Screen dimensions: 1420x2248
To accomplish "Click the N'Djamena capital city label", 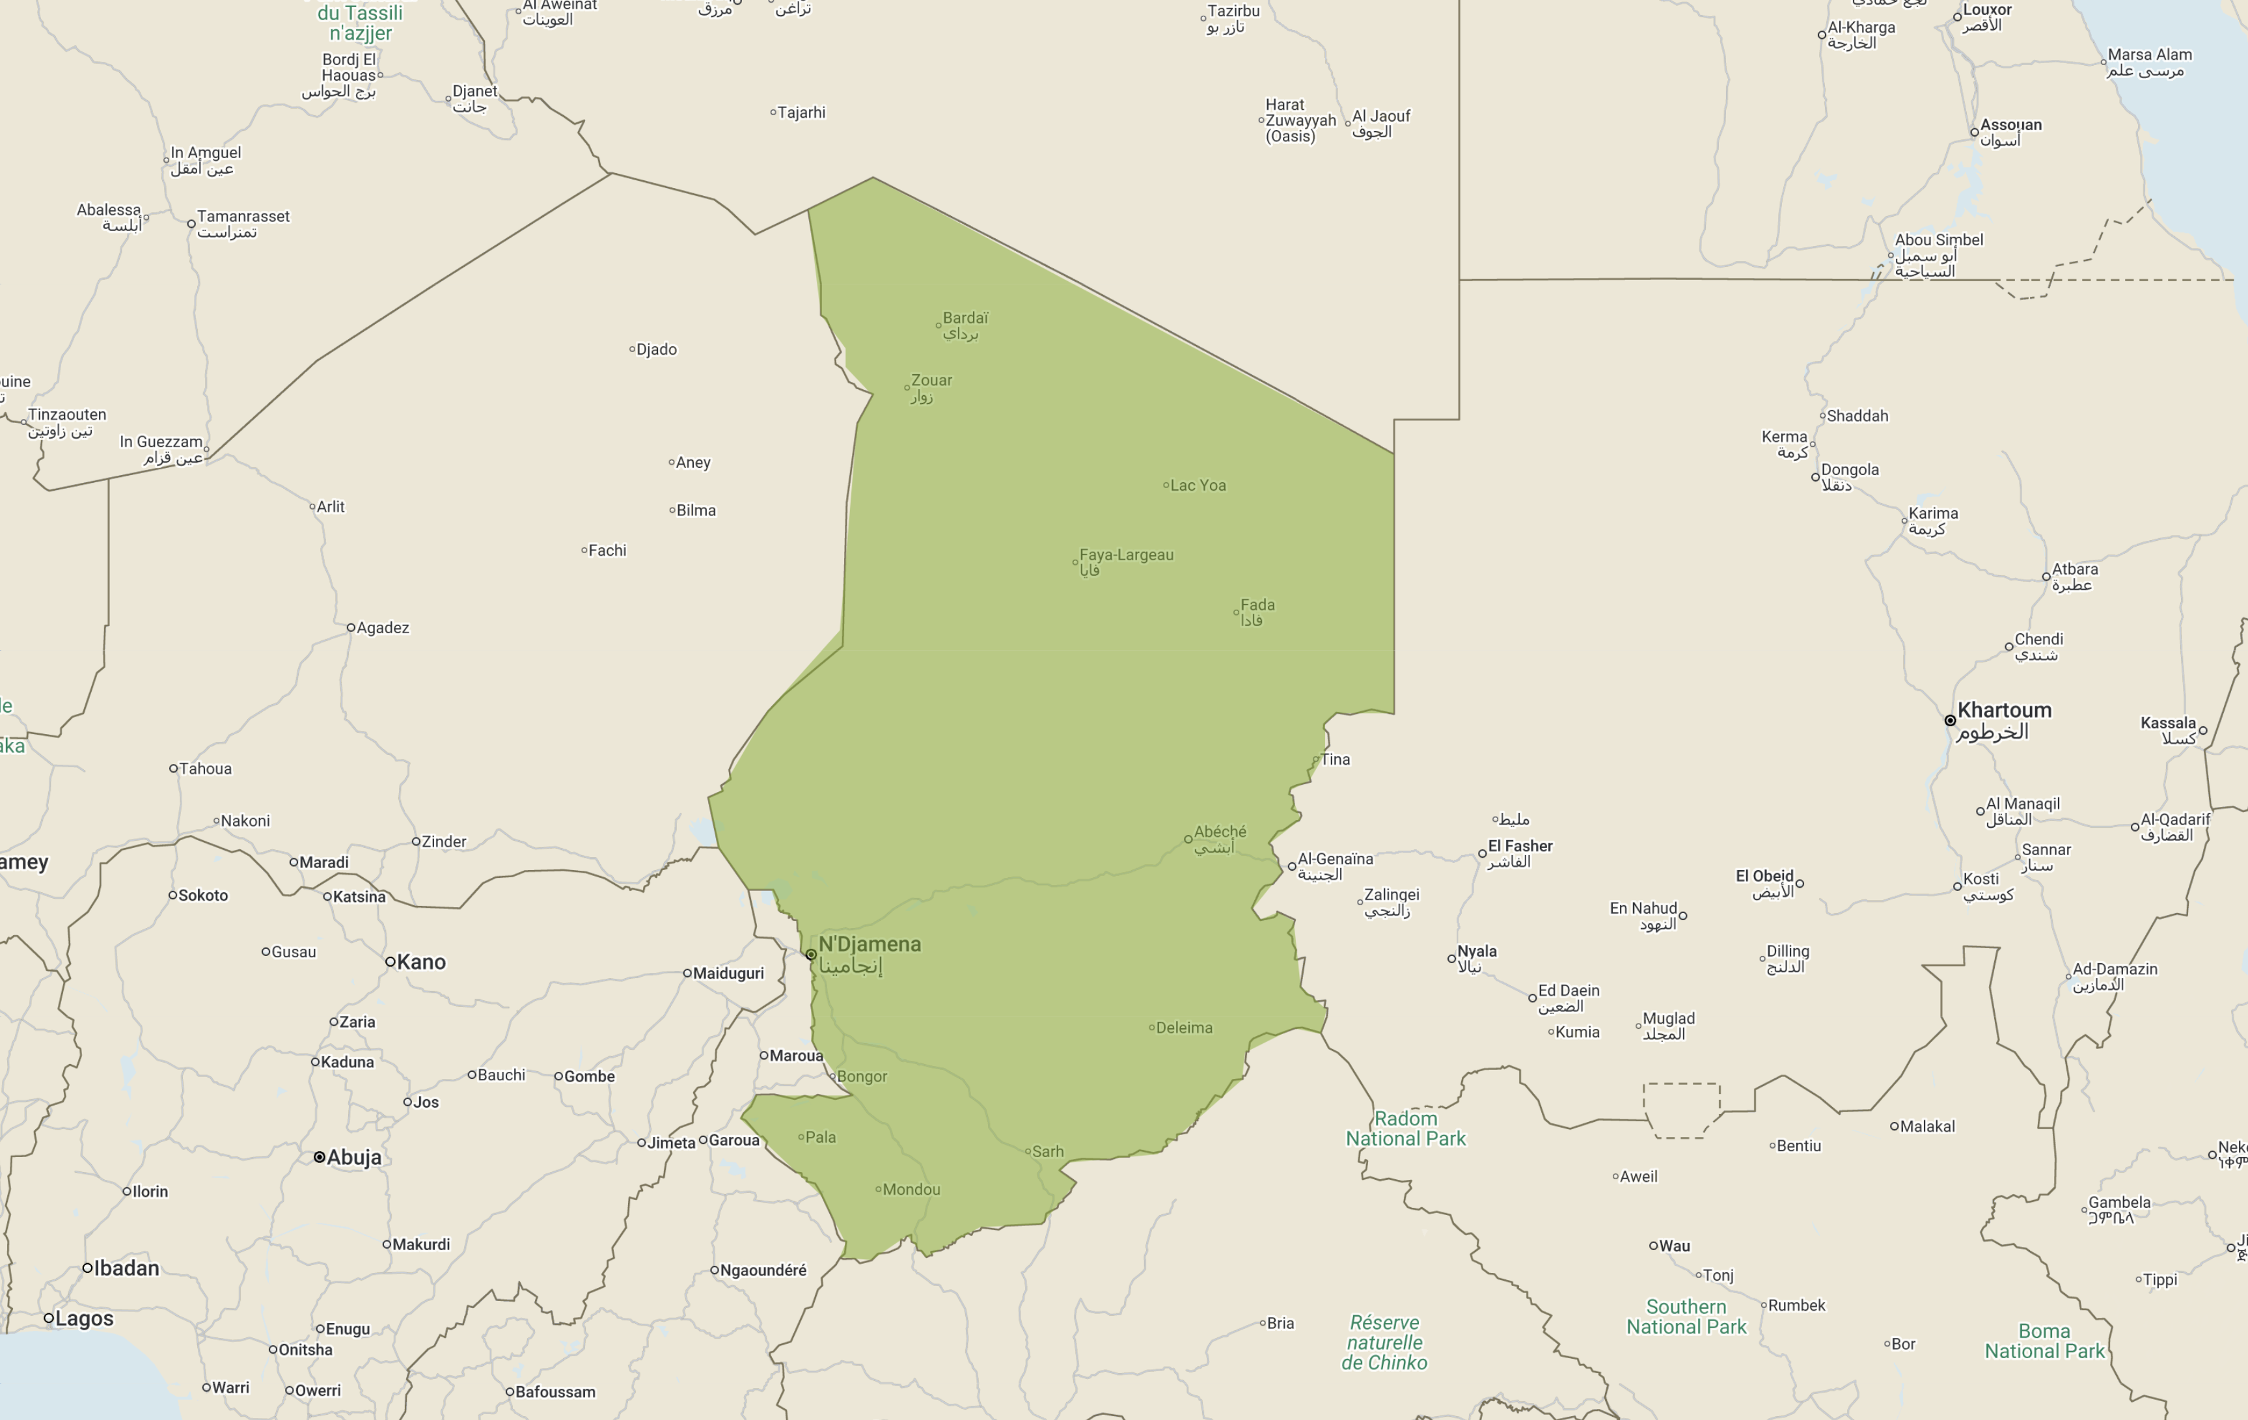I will [x=869, y=945].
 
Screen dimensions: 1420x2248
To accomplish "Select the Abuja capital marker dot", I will [x=320, y=1158].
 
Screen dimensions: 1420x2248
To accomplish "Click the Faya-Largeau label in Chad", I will [x=1126, y=556].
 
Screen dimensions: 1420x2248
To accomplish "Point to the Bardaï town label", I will [x=965, y=318].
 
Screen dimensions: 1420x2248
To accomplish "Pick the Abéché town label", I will [x=1219, y=832].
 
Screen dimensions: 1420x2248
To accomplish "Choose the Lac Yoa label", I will [x=1198, y=485].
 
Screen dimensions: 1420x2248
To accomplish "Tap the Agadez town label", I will [x=383, y=628].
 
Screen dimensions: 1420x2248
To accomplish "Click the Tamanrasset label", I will [x=243, y=217].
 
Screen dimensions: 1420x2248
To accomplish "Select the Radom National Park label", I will [x=1405, y=1128].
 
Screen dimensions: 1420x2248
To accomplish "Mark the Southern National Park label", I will [x=1685, y=1317].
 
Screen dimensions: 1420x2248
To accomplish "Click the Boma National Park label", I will [x=2044, y=1341].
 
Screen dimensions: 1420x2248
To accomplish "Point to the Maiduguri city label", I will [x=728, y=974].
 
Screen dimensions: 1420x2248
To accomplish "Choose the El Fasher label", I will [x=1520, y=847].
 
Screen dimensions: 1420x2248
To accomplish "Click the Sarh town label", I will [x=1047, y=1152].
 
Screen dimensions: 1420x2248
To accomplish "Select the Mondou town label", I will [x=911, y=1190].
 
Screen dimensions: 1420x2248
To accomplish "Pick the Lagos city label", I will [x=84, y=1319].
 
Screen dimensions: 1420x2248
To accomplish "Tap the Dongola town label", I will [x=1850, y=471].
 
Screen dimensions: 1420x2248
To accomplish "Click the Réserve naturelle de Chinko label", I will [x=1384, y=1343].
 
